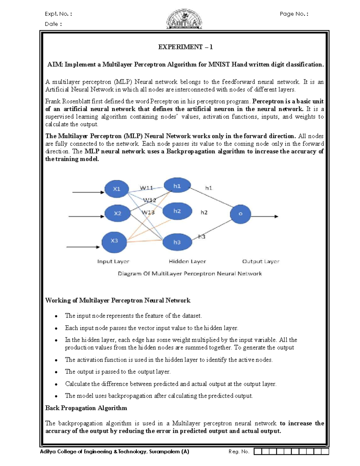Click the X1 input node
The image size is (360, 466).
coord(117,189)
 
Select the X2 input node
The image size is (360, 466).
coord(117,213)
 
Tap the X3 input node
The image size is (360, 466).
coord(114,241)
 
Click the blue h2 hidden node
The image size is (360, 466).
coord(177,211)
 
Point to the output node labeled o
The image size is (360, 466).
coord(240,214)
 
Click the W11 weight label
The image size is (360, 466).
coord(146,188)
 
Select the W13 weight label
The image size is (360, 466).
coord(148,212)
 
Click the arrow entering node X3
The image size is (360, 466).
coord(83,247)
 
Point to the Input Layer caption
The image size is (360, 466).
coord(113,261)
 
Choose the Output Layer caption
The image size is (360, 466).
coord(261,261)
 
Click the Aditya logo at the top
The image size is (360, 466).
coord(184,19)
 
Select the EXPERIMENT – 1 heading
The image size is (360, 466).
coord(185,47)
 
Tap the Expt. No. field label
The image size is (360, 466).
coord(58,14)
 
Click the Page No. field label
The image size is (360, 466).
coord(294,14)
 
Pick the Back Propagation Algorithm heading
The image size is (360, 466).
coord(86,408)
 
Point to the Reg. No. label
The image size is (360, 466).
coord(239,452)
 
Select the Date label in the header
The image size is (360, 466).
coord(53,24)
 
